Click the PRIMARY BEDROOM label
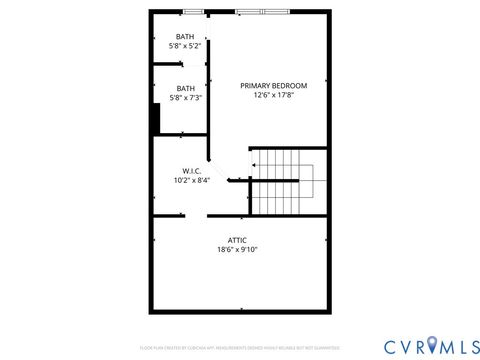273,85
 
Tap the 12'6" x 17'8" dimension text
273,96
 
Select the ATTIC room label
237,240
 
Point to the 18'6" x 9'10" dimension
237,250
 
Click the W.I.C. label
192,171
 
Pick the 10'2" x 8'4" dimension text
192,181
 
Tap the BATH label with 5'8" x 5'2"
186,37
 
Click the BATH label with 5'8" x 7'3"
186,87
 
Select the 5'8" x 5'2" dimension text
186,46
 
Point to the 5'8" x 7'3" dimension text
186,97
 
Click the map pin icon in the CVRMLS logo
432,346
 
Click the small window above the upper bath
193,12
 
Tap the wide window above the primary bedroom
263,12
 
